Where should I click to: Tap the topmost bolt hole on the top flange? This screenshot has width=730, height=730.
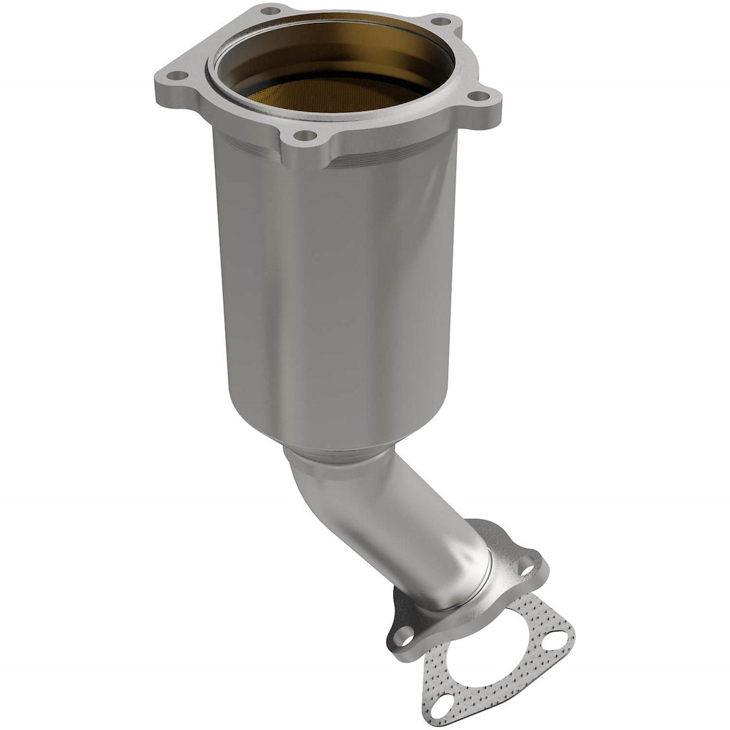[270, 11]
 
